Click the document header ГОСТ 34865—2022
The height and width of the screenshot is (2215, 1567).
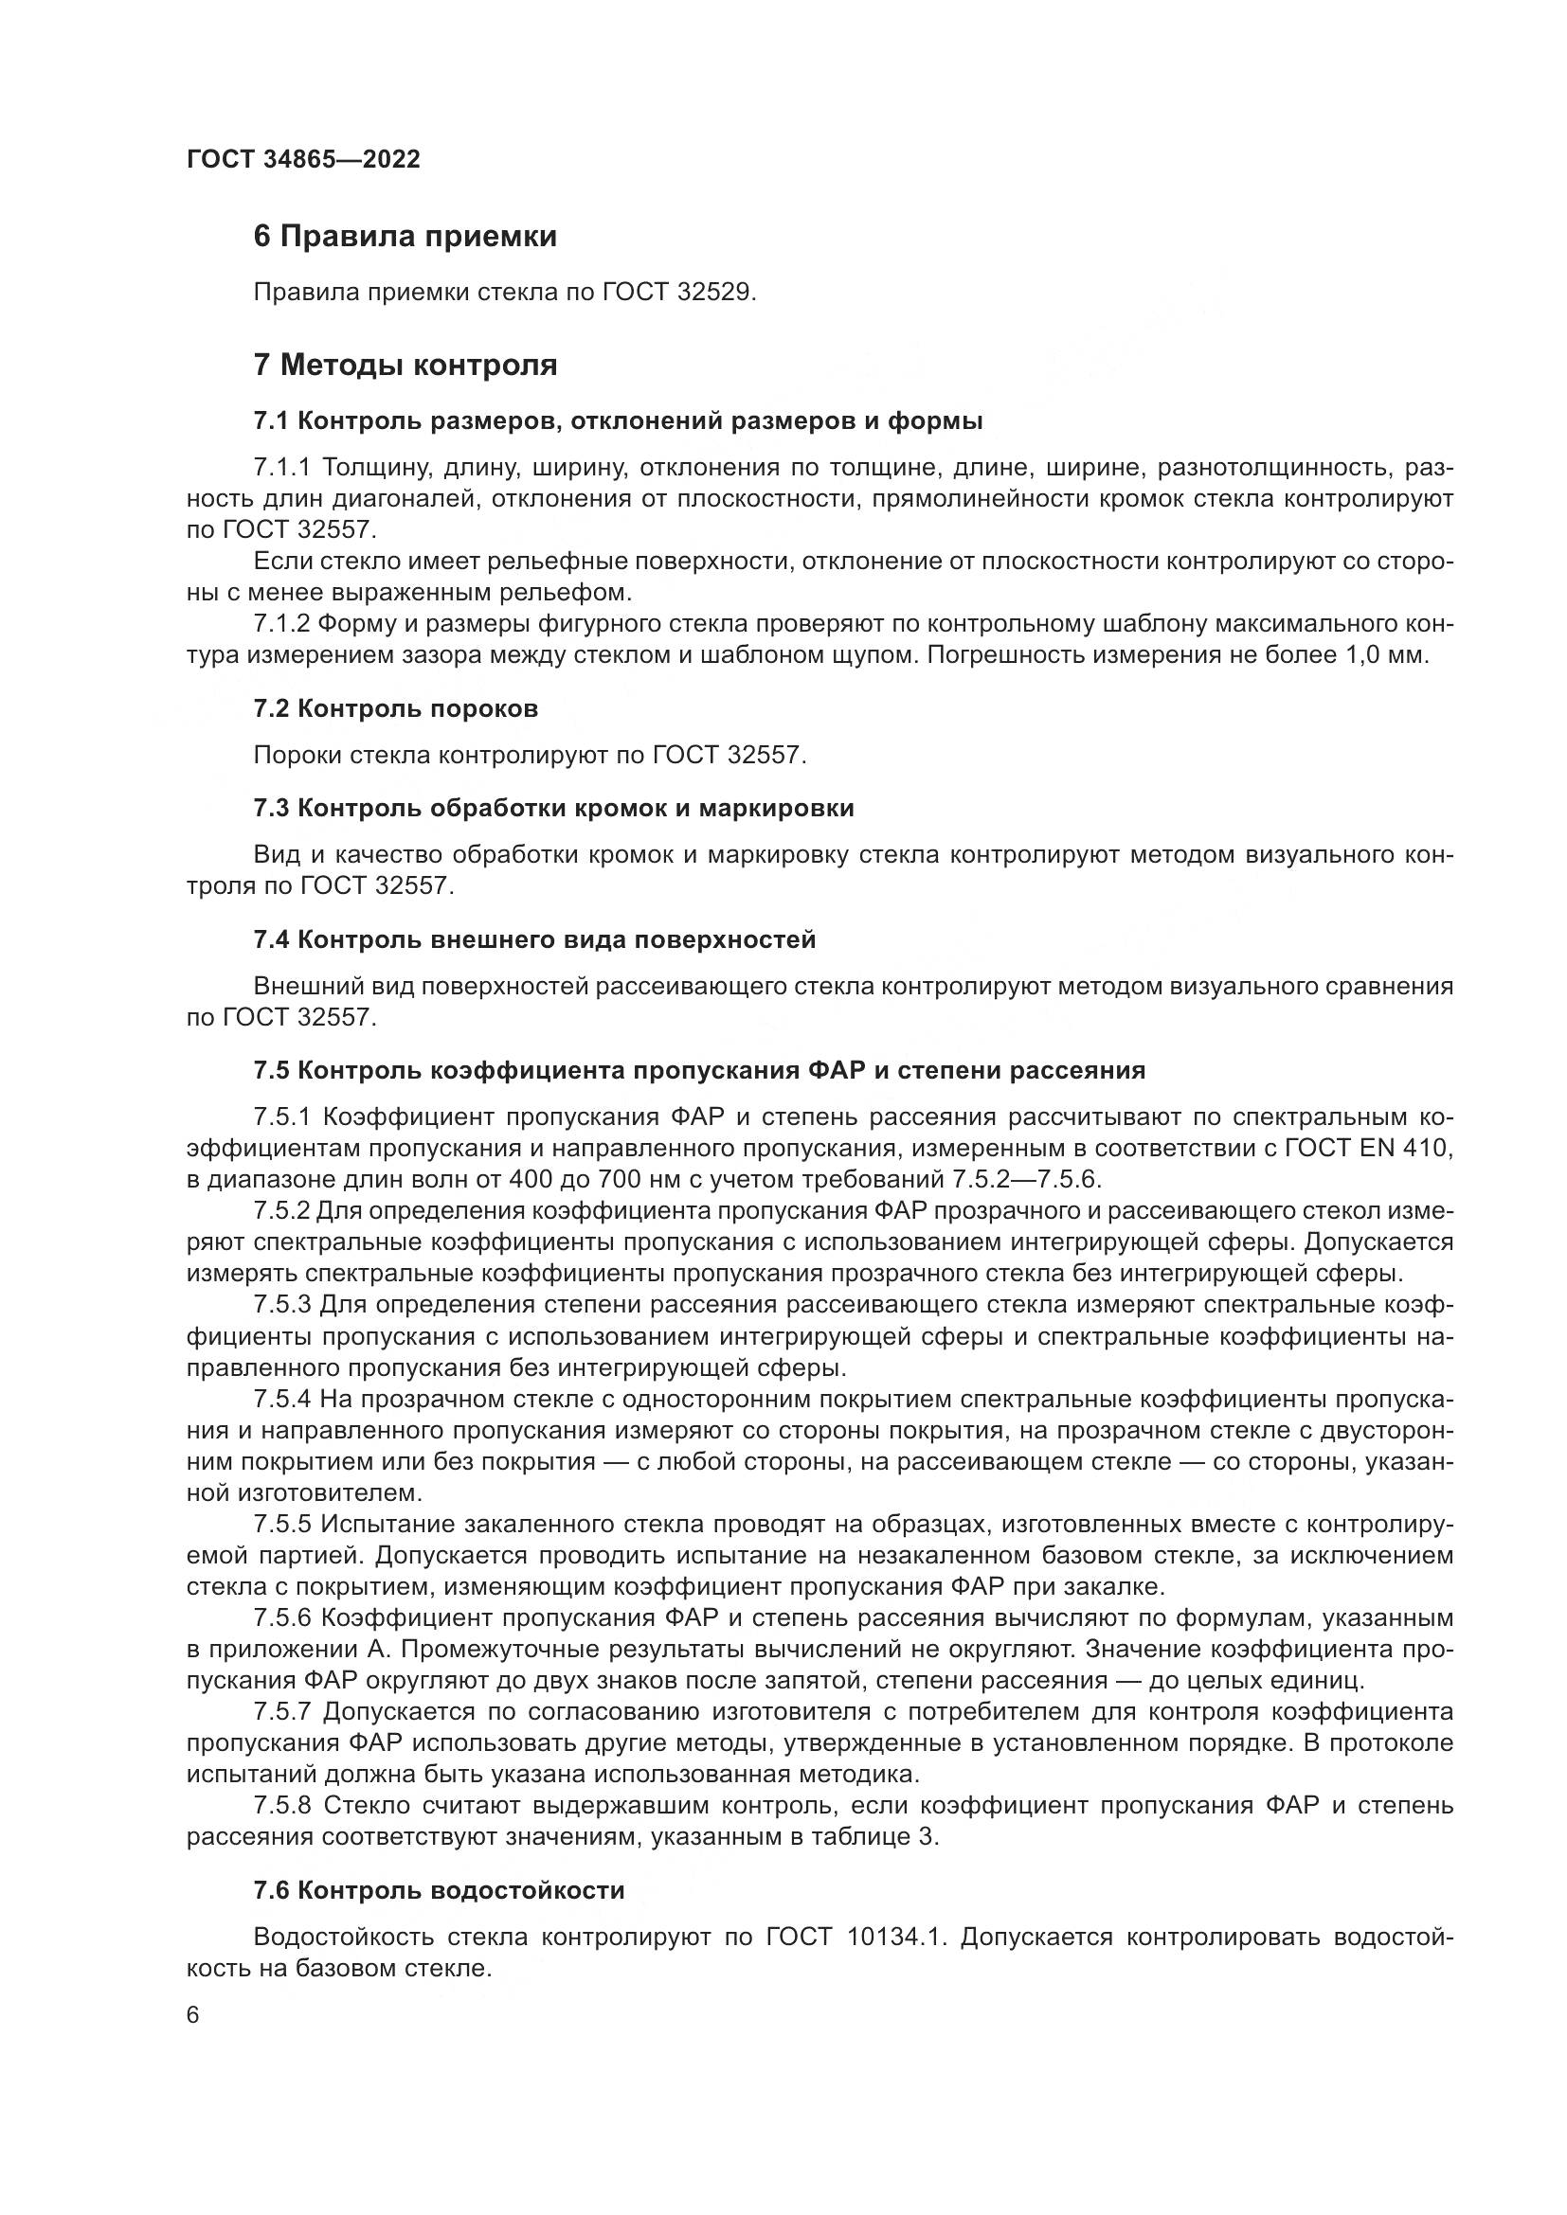point(303,160)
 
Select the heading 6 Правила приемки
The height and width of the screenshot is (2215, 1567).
point(405,237)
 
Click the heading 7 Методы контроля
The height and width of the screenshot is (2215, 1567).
point(405,366)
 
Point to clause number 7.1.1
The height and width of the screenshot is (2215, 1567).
point(283,468)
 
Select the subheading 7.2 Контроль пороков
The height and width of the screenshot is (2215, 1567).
point(396,709)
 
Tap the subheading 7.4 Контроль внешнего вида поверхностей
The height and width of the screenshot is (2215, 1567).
point(534,939)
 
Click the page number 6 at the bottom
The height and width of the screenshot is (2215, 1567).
point(193,2016)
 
